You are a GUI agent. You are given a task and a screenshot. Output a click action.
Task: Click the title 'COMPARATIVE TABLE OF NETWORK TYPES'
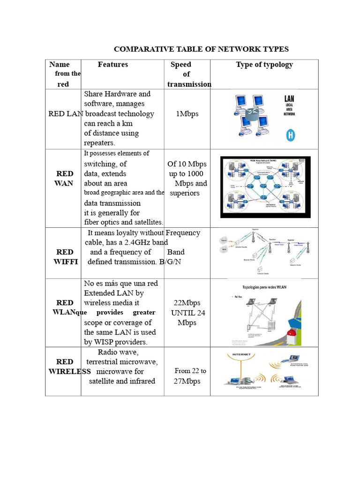[202, 49]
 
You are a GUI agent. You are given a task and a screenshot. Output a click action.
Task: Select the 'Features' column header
[112, 64]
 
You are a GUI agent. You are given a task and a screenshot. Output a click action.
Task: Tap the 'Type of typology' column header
[264, 64]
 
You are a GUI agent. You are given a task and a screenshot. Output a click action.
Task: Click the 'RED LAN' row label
[65, 114]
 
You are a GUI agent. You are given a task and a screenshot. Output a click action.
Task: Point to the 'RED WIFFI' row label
[65, 257]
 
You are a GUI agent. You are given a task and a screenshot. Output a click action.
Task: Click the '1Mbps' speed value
[187, 114]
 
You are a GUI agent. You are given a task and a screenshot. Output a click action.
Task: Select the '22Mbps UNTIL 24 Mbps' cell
[187, 313]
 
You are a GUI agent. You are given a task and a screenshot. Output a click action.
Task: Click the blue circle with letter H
[291, 136]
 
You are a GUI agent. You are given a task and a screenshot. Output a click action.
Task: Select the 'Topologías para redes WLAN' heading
[263, 285]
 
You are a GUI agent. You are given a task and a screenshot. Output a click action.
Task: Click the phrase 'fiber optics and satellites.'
[124, 222]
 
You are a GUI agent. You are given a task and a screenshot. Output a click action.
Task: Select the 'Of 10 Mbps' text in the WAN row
[187, 164]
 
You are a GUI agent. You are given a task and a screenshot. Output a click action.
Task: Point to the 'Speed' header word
[180, 64]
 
